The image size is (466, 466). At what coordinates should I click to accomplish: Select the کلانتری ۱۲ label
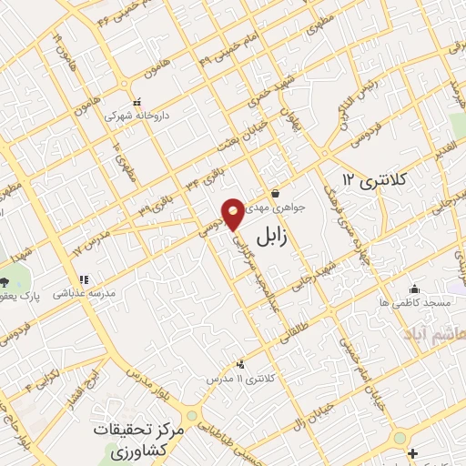pyautogui.click(x=370, y=177)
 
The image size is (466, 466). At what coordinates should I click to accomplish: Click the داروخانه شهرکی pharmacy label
pyautogui.click(x=137, y=116)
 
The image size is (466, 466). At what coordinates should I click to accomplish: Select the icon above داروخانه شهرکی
pyautogui.click(x=137, y=103)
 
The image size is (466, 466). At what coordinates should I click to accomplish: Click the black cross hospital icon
pyautogui.click(x=414, y=453)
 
